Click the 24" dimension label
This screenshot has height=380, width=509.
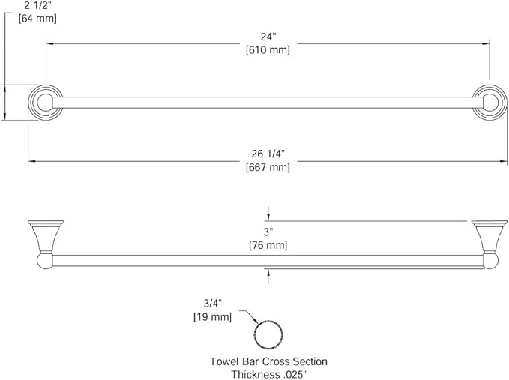click(x=268, y=37)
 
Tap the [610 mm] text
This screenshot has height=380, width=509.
click(x=268, y=50)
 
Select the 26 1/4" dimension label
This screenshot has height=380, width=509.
click(x=268, y=154)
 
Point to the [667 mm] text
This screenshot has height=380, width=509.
click(x=268, y=167)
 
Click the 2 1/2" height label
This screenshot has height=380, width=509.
click(x=37, y=5)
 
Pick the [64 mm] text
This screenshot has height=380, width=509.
click(x=37, y=19)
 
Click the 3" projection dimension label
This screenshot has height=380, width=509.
click(x=268, y=232)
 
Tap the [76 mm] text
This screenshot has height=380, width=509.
click(x=268, y=245)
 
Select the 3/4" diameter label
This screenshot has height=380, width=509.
click(x=212, y=304)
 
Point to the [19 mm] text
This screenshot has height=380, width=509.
click(x=213, y=316)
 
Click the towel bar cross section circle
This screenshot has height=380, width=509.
click(x=268, y=321)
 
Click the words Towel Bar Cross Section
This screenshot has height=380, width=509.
click(x=268, y=361)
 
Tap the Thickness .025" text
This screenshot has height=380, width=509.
click(x=268, y=374)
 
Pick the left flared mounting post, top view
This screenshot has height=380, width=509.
click(x=46, y=237)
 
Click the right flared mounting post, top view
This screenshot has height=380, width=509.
click(x=490, y=237)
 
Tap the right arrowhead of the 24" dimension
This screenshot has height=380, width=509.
click(x=487, y=43)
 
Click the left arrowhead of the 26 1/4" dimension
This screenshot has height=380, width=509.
click(x=31, y=161)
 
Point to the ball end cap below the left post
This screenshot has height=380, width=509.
click(x=45, y=262)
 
